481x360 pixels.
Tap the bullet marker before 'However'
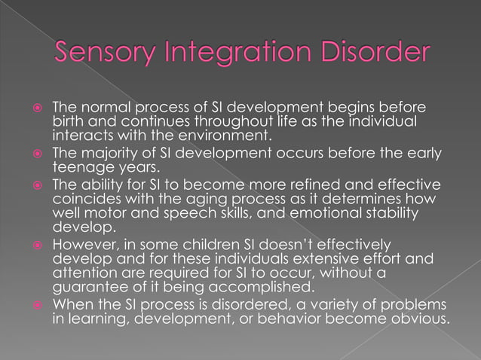(36, 245)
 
